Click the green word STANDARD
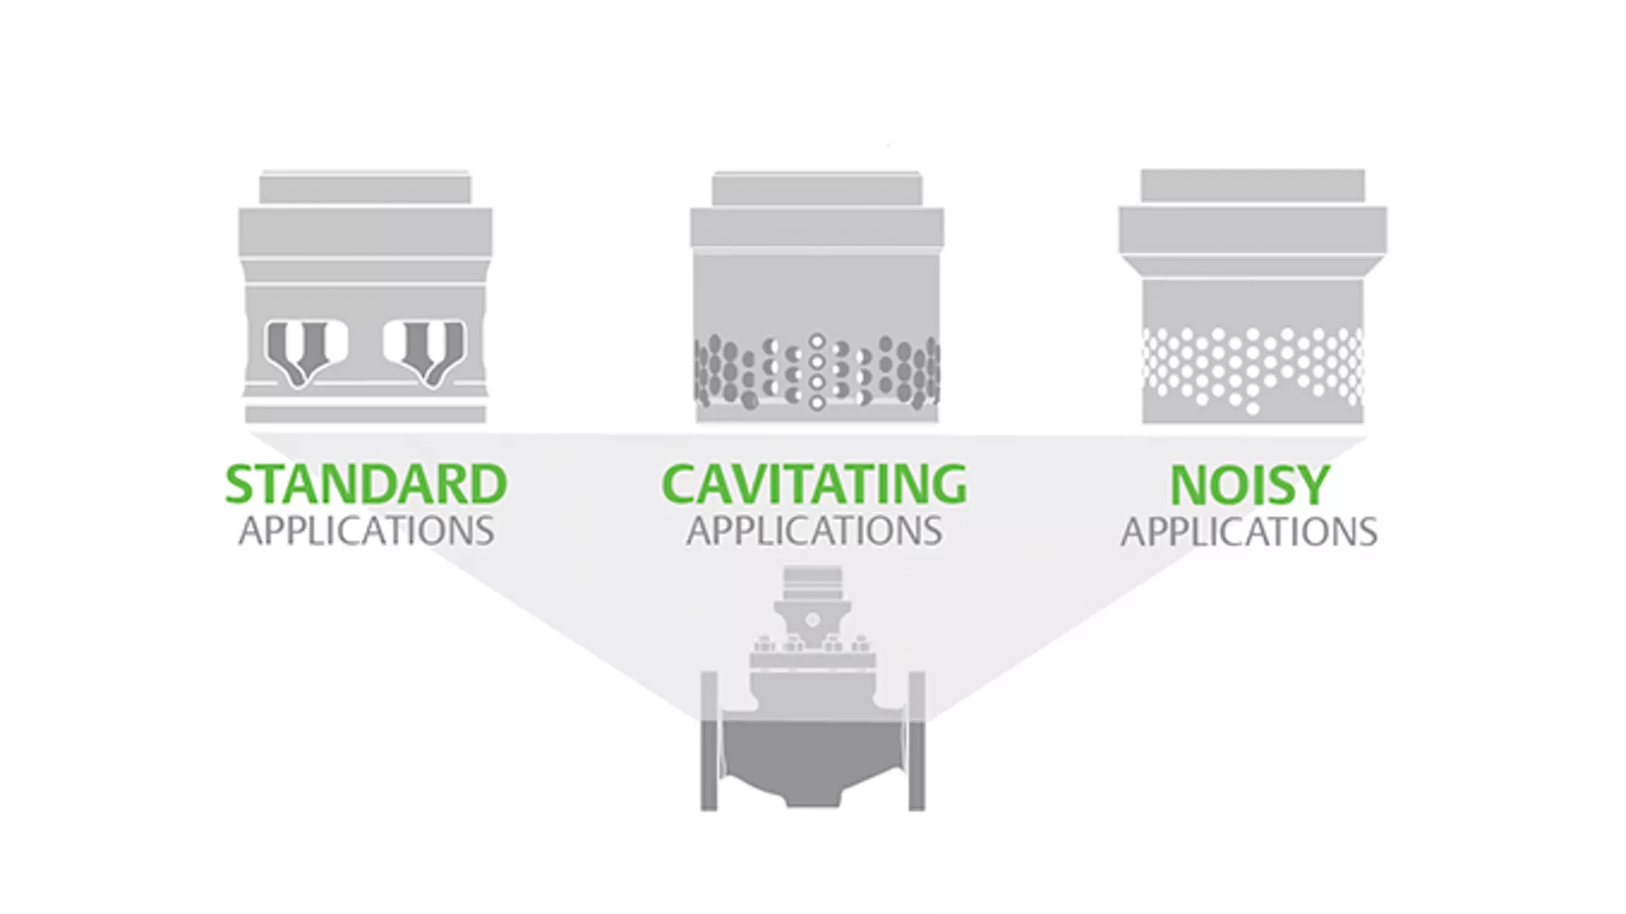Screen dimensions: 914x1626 366,484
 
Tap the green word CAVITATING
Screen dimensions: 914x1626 814,484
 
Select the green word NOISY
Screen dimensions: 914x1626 1249,485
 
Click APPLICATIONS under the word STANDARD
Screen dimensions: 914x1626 366,531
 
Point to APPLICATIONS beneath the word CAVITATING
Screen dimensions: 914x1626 814,531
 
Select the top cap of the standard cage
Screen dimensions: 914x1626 365,188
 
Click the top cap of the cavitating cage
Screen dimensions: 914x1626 816,188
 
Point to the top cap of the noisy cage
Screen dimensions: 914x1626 1253,185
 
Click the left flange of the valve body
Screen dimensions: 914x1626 709,741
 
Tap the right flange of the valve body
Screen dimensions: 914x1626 916,741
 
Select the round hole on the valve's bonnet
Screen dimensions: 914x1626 812,620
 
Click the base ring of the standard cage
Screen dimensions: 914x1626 365,414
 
